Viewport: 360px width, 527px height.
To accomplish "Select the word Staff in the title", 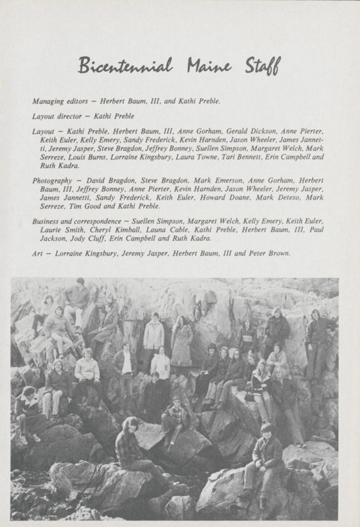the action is (261, 66).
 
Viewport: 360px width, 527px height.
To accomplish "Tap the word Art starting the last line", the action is (37, 253).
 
